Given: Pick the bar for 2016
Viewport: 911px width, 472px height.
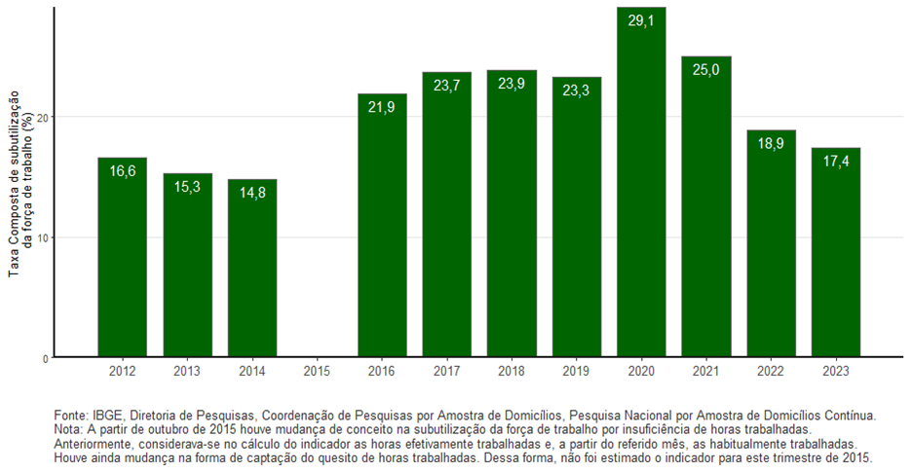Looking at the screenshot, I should pyautogui.click(x=382, y=226).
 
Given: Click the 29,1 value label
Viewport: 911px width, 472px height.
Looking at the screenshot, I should pyautogui.click(x=641, y=19).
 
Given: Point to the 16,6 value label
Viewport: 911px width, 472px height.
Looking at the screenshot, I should pyautogui.click(x=123, y=171).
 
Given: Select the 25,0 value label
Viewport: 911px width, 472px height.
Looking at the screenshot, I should pyautogui.click(x=706, y=70).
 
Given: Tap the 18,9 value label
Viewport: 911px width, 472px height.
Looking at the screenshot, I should pyautogui.click(x=771, y=143).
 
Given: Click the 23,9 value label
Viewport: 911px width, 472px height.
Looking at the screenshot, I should pyautogui.click(x=512, y=84).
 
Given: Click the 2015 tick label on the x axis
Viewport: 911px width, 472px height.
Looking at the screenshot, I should pyautogui.click(x=317, y=371).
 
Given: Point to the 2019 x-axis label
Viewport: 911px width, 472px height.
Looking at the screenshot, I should pyautogui.click(x=576, y=371).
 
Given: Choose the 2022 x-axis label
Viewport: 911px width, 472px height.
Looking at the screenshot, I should pyautogui.click(x=771, y=371).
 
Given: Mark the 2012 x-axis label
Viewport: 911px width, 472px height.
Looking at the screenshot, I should pyautogui.click(x=123, y=371).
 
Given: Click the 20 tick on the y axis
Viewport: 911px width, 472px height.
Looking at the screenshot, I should pyautogui.click(x=43, y=117).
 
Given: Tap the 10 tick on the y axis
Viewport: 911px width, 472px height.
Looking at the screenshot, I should pyautogui.click(x=43, y=237).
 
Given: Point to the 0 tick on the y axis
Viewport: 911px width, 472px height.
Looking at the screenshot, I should pyautogui.click(x=46, y=358).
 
